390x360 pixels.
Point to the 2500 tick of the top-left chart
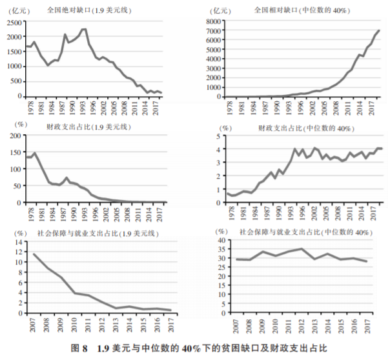click(x=13, y=23)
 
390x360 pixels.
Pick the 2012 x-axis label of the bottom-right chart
click(x=302, y=326)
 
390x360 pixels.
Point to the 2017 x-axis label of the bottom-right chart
click(x=367, y=326)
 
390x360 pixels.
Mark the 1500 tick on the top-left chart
click(x=13, y=52)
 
